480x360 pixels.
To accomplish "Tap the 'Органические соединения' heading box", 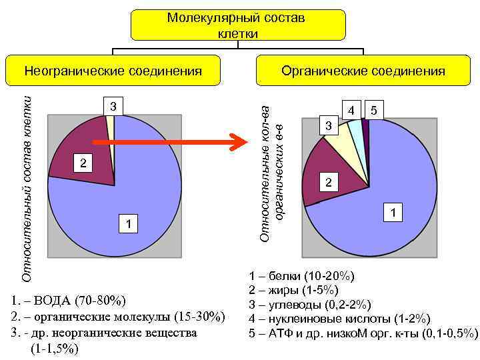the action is [363, 71].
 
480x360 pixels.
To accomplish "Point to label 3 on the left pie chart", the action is [113, 106].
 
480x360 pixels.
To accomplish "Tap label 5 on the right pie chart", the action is [374, 111].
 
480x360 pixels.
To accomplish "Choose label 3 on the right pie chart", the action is [327, 126].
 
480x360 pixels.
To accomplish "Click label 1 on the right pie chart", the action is [394, 213].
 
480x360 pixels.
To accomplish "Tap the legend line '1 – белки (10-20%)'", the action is [301, 276].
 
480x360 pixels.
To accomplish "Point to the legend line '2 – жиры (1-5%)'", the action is [293, 290].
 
